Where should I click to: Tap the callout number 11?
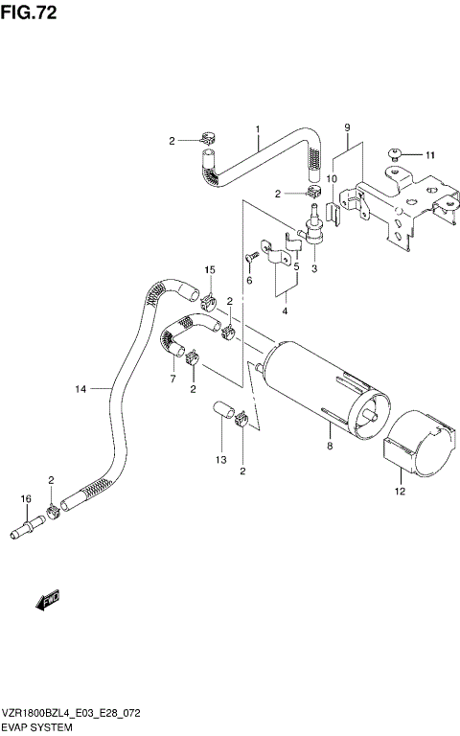point(430,154)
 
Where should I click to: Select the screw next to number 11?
point(396,153)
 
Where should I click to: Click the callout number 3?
point(312,269)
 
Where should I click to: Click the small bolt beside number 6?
point(253,256)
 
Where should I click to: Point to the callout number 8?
point(329,446)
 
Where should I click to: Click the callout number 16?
point(26,499)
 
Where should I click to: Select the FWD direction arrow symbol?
point(46,602)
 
